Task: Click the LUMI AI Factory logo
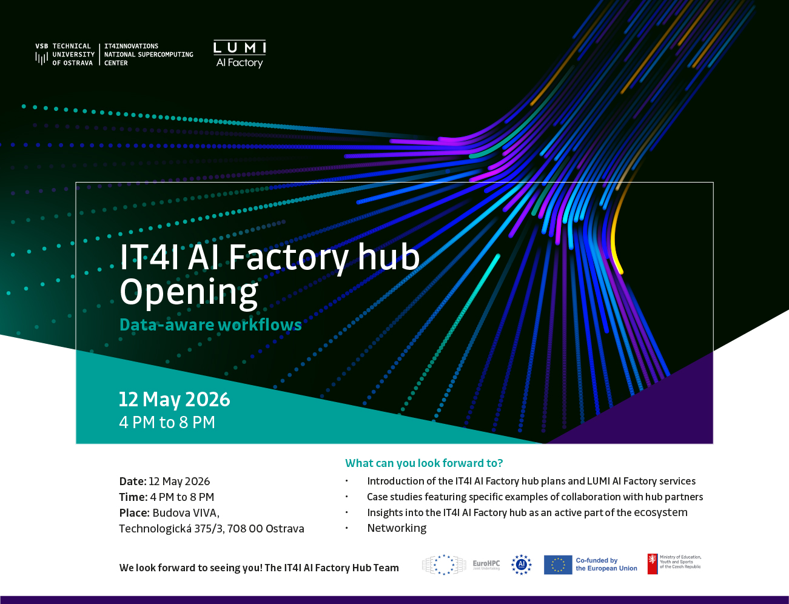click(x=240, y=54)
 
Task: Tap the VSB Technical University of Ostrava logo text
click(x=65, y=55)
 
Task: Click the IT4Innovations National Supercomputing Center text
click(x=149, y=55)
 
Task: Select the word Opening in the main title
click(x=189, y=292)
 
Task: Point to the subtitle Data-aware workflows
click(x=210, y=324)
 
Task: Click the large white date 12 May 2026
click(x=175, y=399)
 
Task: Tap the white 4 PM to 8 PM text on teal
click(x=167, y=422)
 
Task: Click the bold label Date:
click(x=133, y=482)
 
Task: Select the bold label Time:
click(x=133, y=497)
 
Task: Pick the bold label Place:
click(x=135, y=512)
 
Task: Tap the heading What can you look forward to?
click(x=424, y=463)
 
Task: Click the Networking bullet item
click(x=397, y=528)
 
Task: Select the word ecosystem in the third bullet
click(x=660, y=512)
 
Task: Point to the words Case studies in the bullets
click(x=395, y=497)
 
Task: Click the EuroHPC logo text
click(x=486, y=564)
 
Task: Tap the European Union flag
click(x=558, y=565)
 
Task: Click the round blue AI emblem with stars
click(x=522, y=565)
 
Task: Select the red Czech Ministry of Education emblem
click(x=653, y=564)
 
